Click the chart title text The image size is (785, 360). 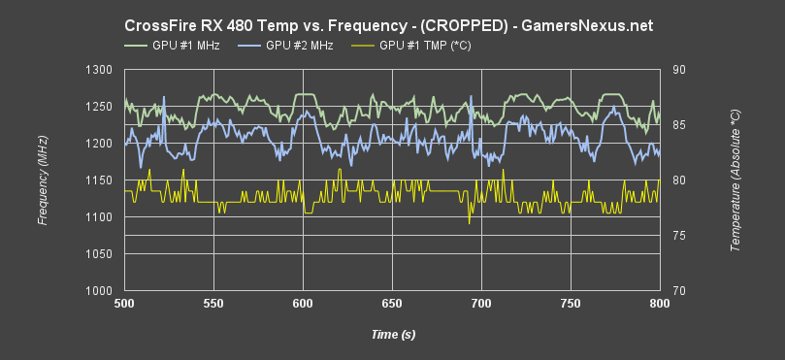click(x=392, y=22)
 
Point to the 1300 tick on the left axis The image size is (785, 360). click(x=99, y=70)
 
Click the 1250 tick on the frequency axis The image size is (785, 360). click(x=99, y=107)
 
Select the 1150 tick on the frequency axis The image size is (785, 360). click(x=99, y=180)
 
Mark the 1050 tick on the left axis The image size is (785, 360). click(x=99, y=254)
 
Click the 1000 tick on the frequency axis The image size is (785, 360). click(x=99, y=291)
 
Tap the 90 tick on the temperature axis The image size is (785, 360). click(x=678, y=70)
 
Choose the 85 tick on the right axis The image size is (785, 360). click(x=678, y=125)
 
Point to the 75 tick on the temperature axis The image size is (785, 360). click(x=678, y=236)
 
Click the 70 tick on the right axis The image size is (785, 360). click(x=678, y=291)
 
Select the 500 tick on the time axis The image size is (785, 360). click(x=124, y=305)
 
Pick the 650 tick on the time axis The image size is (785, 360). click(x=392, y=305)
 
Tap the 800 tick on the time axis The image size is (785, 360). click(x=660, y=305)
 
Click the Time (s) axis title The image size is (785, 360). click(x=392, y=335)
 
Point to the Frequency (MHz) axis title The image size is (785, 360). click(x=43, y=180)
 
